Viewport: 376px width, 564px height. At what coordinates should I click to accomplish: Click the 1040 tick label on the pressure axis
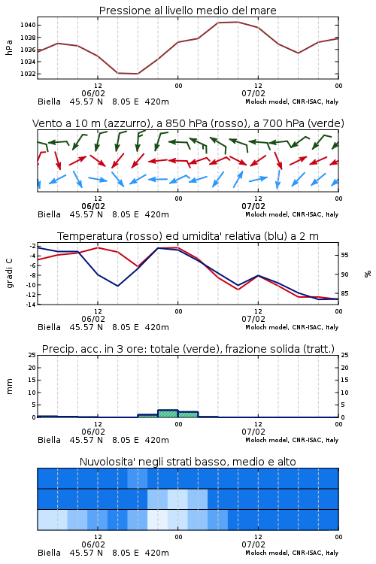[28, 25]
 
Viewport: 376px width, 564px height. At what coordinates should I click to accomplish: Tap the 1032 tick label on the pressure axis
[28, 74]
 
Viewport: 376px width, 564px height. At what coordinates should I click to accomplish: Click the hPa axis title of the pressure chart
[9, 47]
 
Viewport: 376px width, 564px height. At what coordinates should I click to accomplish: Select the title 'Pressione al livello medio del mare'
[187, 11]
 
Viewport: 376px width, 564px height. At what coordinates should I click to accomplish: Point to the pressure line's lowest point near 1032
[138, 74]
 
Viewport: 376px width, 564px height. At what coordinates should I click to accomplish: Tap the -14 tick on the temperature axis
[32, 305]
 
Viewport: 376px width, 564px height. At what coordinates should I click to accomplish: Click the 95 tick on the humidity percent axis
[344, 255]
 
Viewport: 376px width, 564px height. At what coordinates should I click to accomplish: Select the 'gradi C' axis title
[9, 274]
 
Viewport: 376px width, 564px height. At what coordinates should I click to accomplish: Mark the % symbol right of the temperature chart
[368, 274]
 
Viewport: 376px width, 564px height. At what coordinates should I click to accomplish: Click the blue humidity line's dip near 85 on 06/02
[117, 286]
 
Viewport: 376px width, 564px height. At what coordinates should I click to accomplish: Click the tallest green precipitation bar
[168, 414]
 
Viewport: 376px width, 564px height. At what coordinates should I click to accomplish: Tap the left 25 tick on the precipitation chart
[32, 355]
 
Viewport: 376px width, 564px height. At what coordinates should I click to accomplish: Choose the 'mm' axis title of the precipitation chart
[9, 387]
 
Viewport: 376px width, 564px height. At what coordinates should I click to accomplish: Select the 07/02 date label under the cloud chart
[253, 544]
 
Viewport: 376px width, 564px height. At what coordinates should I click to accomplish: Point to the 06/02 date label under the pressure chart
[93, 93]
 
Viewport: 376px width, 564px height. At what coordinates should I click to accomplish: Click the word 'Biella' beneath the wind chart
[50, 214]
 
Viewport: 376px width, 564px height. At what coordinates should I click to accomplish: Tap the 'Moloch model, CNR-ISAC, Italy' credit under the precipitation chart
[292, 440]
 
